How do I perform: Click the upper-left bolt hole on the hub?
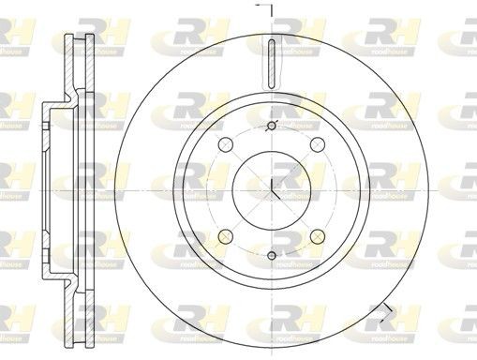(x=225, y=144)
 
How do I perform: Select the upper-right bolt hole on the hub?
(x=316, y=144)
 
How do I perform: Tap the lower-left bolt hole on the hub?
(x=225, y=235)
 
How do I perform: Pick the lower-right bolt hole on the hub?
(x=316, y=235)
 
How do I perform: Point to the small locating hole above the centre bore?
(x=271, y=127)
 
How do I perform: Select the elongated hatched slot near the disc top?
(x=271, y=65)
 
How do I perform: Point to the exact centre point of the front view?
(x=271, y=189)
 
